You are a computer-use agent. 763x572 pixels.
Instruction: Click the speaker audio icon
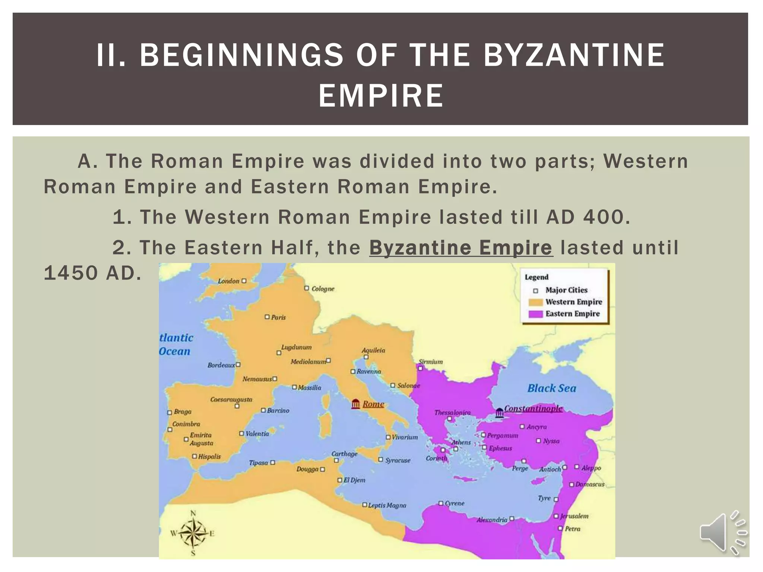[722, 533]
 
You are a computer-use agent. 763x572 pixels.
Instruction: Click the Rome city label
[373, 404]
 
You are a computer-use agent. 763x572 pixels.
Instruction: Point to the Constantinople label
[533, 409]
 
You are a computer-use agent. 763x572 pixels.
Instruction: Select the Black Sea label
[551, 388]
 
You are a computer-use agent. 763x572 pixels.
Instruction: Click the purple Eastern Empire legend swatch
[535, 314]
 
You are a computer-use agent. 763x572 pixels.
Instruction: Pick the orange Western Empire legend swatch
[535, 302]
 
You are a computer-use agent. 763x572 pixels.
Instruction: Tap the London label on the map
[228, 281]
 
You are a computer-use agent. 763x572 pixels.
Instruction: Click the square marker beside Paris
[267, 317]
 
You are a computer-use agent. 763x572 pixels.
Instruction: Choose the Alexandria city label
[492, 519]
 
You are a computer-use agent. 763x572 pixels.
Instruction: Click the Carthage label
[344, 454]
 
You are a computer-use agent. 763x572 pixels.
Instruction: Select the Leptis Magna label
[387, 505]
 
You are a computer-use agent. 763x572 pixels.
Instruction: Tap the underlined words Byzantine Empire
[461, 248]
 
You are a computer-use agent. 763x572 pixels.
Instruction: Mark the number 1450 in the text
[70, 273]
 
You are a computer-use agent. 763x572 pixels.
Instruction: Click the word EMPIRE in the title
[381, 95]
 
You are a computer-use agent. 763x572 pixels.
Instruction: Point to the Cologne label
[323, 289]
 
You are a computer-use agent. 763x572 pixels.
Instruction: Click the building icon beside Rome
[356, 404]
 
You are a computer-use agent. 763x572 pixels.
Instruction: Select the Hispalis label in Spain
[209, 457]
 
